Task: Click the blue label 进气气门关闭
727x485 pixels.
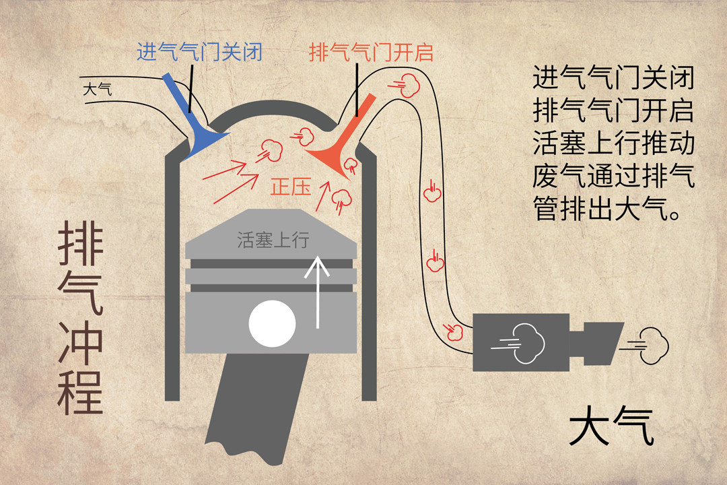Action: pyautogui.click(x=199, y=52)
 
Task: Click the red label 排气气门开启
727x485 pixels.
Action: pyautogui.click(x=371, y=52)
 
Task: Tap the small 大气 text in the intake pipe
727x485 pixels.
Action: pyautogui.click(x=98, y=89)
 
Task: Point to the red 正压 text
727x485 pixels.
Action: pyautogui.click(x=291, y=187)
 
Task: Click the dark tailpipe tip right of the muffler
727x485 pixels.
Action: pyautogui.click(x=600, y=342)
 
